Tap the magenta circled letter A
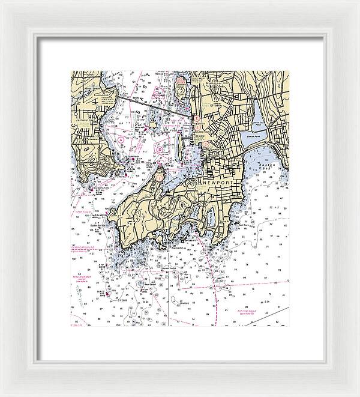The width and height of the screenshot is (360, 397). (x=121, y=139)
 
